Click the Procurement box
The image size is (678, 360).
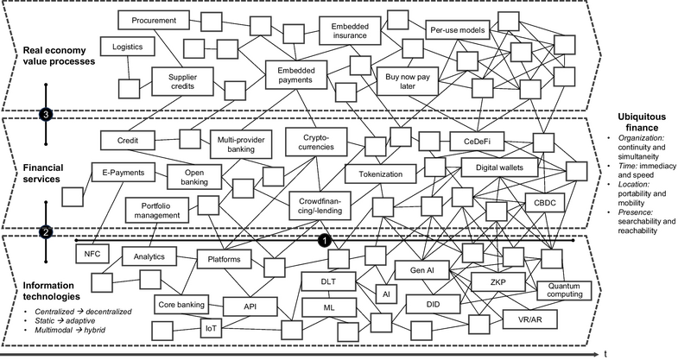click(154, 21)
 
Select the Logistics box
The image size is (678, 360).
click(127, 47)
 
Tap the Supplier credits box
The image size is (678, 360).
click(182, 81)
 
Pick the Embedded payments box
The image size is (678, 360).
click(295, 75)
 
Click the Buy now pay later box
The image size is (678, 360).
click(408, 81)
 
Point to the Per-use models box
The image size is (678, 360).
click(458, 30)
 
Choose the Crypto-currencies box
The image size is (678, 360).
click(316, 142)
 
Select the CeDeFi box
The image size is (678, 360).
click(477, 141)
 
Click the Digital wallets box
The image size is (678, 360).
click(499, 167)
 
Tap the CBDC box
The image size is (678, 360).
click(545, 203)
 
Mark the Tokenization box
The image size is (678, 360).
click(381, 174)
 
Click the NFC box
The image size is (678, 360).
click(92, 254)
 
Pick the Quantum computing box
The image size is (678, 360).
click(564, 290)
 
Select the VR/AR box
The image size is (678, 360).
click(529, 319)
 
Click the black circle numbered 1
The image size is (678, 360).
click(324, 241)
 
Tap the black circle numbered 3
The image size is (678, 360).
click(46, 115)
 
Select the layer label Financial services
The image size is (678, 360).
click(43, 174)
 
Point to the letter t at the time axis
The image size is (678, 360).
click(605, 354)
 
